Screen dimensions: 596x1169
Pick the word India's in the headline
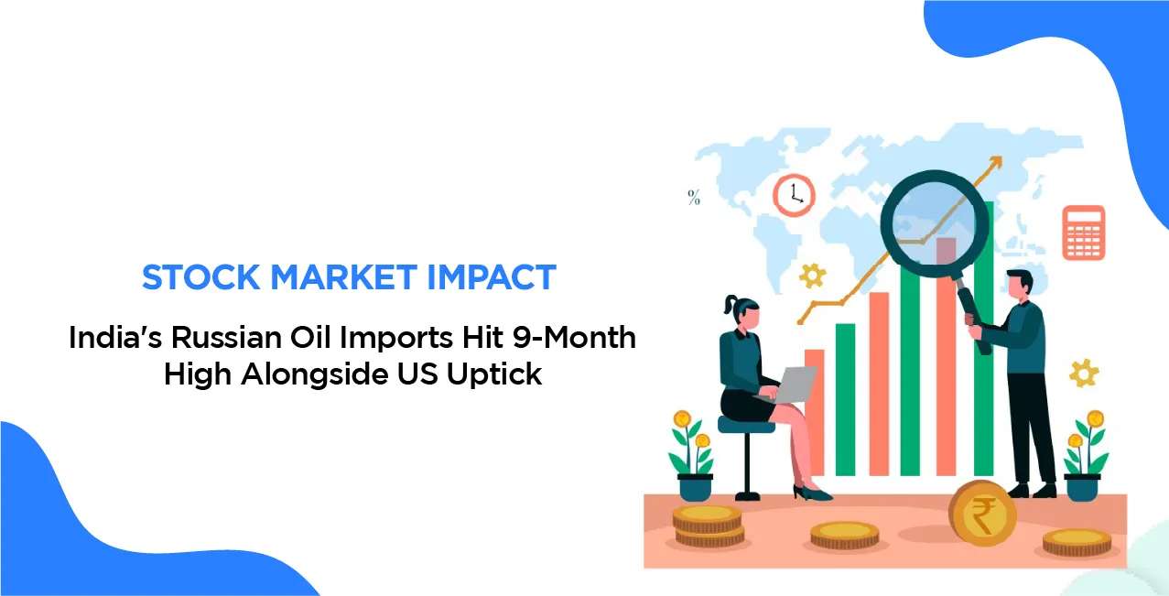[107, 338]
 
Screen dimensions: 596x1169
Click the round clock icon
[793, 195]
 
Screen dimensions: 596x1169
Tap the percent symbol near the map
[694, 197]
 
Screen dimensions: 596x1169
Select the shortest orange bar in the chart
[814, 412]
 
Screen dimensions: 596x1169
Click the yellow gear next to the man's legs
[1085, 373]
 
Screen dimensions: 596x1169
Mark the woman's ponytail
[729, 304]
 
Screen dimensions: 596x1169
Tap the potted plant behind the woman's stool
[694, 454]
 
